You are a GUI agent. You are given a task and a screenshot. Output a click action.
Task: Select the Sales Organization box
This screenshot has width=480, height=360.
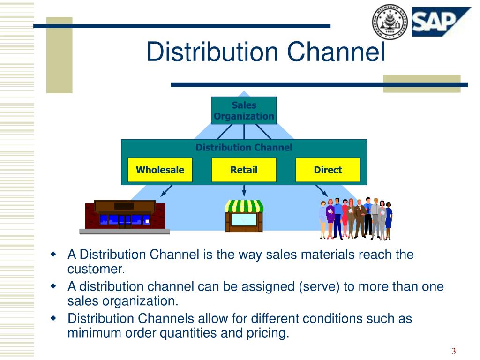point(244,111)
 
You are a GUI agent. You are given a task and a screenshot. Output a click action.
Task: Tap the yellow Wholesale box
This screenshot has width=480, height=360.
point(160,170)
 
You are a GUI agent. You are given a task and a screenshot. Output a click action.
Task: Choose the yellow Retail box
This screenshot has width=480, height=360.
point(244,170)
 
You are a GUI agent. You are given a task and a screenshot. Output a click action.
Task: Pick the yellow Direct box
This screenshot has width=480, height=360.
point(328,170)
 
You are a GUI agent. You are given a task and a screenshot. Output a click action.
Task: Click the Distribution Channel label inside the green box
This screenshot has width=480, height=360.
point(244,148)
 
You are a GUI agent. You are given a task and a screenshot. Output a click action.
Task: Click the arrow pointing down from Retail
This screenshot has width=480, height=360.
point(244,191)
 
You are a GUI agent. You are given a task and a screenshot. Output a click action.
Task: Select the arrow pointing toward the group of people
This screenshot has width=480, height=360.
point(322,190)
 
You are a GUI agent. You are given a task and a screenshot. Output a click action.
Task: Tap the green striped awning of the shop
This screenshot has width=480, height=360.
point(244,206)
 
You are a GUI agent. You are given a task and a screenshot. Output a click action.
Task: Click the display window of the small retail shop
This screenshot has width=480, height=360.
point(244,219)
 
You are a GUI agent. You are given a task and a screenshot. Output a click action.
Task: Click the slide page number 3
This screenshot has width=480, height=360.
point(454,352)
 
